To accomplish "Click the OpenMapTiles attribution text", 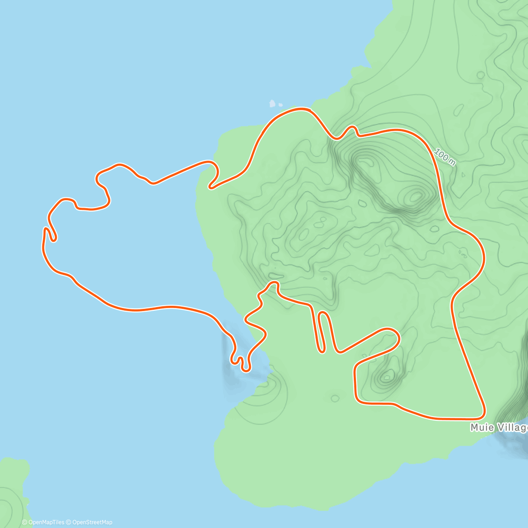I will point(43,522).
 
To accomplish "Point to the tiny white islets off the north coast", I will point(273,104).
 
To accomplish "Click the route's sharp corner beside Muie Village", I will point(483,415).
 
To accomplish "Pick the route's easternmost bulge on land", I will point(484,255).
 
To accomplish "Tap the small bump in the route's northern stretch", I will point(352,128).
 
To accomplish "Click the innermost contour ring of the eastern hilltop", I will point(415,196).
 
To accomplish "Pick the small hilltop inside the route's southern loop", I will point(388,376).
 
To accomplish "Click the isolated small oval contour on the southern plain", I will point(335,399).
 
